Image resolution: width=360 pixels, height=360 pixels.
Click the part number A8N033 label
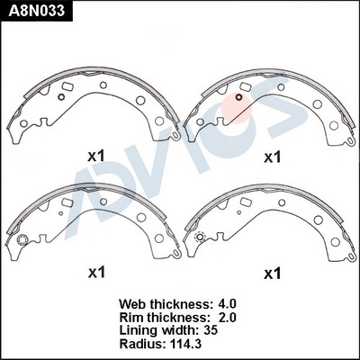coord(37,11)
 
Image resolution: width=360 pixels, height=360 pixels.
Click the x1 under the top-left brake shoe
coord(96,156)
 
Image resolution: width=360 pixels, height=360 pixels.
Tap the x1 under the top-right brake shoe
coord(272,157)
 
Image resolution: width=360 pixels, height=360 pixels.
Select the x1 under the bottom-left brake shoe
coord(96,273)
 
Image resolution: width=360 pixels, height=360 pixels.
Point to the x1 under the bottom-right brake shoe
coord(272,274)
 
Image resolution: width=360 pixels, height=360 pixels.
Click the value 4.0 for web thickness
coord(226,304)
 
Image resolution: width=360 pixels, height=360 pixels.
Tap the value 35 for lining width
coord(210,330)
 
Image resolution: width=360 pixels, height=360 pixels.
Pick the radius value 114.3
coord(186,344)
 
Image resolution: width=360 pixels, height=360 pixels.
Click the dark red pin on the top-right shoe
coord(238,97)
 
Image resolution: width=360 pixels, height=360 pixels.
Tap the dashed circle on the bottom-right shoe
coord(200,238)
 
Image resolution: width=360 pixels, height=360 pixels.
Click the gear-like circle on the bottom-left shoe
coord(22,240)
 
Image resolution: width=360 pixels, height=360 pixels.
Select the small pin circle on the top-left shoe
coord(61,97)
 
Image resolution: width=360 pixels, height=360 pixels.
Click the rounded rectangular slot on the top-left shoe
coord(67,86)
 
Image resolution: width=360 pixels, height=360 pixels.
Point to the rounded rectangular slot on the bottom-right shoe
coord(247,202)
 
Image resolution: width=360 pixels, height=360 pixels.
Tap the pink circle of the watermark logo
coord(237,108)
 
